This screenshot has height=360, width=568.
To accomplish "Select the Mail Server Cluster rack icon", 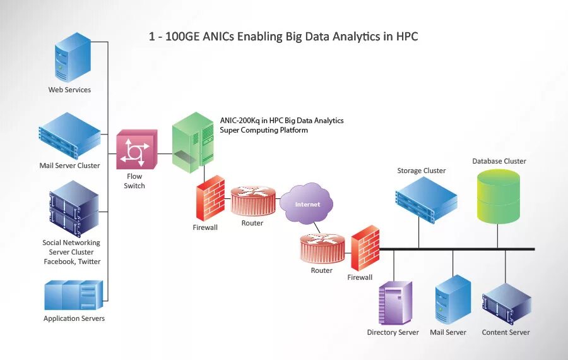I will coord(69,135).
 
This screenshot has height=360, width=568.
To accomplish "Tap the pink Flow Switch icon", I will coord(136,150).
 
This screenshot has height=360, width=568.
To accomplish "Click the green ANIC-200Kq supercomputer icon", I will coord(193,141).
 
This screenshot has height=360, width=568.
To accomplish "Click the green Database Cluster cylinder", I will coord(499,197).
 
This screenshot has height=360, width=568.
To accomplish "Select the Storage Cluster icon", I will coord(425,198).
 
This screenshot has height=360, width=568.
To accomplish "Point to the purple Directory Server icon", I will coord(395,303).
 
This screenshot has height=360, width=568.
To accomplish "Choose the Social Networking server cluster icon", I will coord(74,208).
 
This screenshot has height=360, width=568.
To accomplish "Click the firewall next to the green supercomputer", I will coord(210,198).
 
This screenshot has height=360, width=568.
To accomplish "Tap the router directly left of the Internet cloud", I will coord(253,201).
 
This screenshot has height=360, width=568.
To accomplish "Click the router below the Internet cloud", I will coord(322,248).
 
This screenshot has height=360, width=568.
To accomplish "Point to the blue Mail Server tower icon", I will coord(453,300).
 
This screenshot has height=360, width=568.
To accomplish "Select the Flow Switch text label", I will coord(134,181).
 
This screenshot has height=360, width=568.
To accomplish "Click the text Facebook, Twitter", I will coord(72,261).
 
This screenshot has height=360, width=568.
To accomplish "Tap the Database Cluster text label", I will coord(499,161).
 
